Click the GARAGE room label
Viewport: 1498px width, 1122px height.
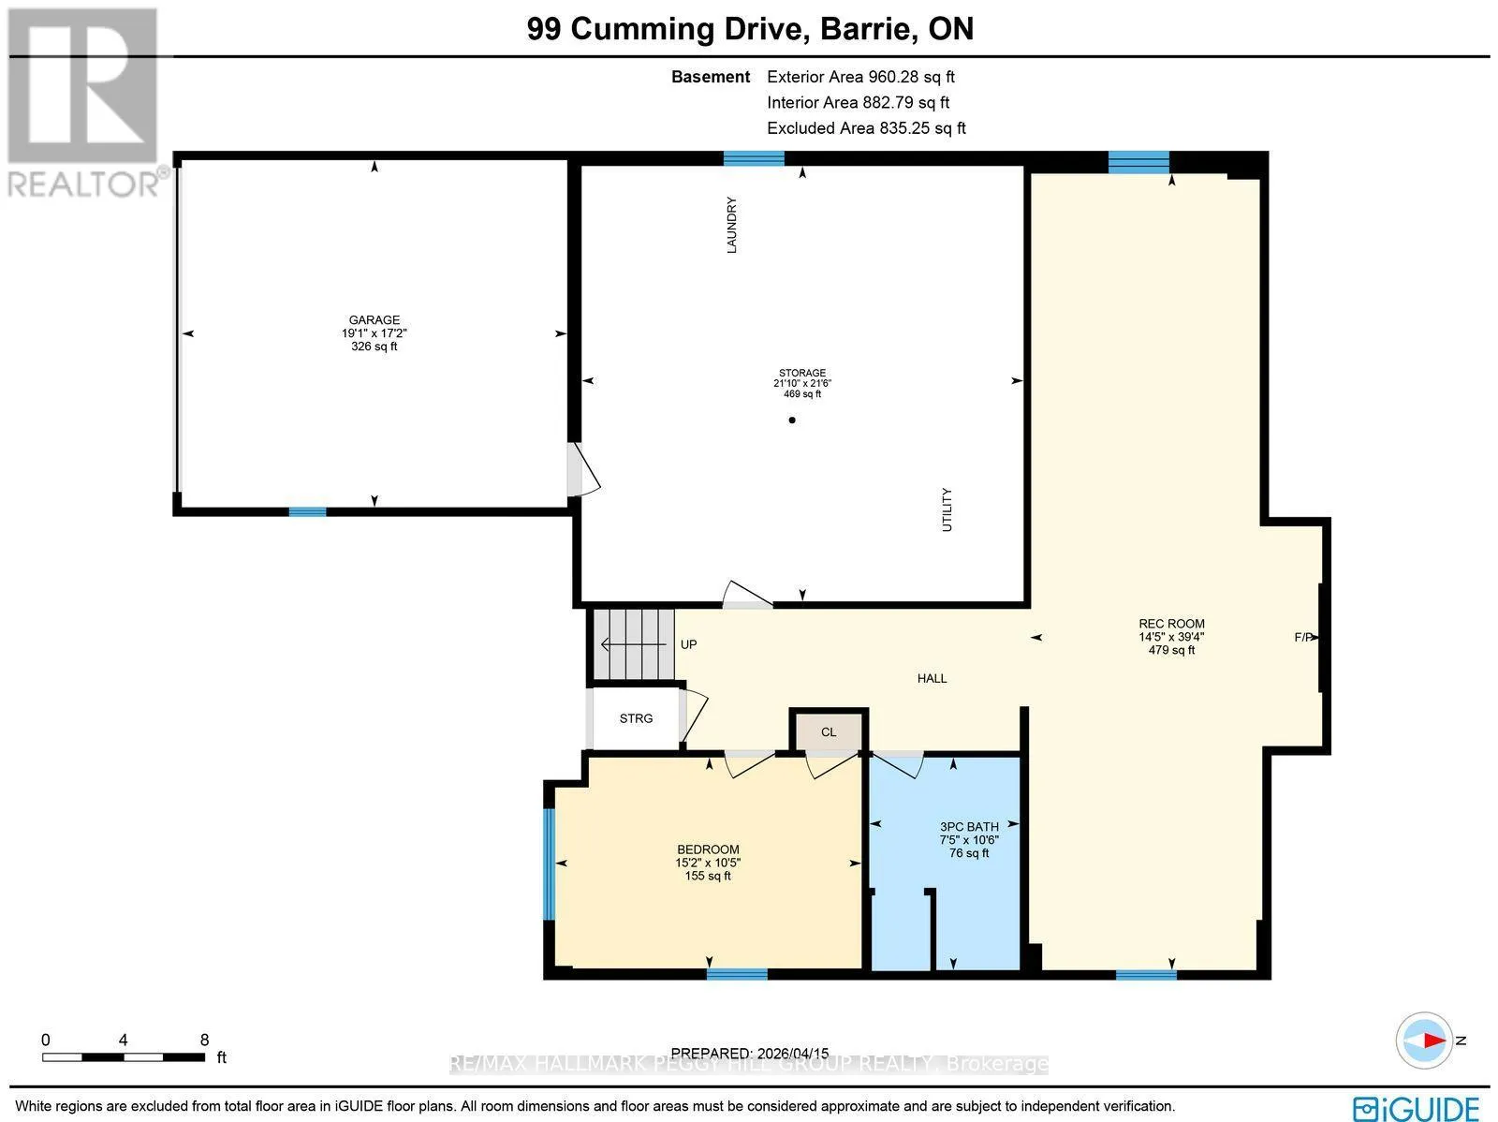pos(374,320)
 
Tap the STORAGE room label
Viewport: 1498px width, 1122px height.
pos(801,373)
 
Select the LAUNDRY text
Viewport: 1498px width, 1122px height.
pos(731,225)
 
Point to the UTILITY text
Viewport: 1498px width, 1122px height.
pos(947,509)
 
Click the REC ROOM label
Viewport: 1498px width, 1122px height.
pos(1171,624)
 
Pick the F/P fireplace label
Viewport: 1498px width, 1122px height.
pos(1303,638)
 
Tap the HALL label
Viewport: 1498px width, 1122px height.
pos(932,678)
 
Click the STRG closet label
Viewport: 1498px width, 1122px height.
pos(636,718)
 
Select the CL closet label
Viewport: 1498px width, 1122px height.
pos(829,732)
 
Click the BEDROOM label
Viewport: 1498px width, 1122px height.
pos(708,849)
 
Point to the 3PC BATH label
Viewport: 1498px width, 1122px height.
pos(969,827)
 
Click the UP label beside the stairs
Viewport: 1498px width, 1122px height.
pos(688,645)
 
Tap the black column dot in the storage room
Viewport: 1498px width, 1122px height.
pos(792,421)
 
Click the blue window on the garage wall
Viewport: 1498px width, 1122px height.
pos(307,512)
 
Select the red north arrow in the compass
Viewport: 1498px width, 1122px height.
pos(1432,1041)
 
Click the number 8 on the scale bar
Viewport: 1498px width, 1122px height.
pos(204,1041)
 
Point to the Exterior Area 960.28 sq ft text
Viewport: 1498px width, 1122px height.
pos(860,77)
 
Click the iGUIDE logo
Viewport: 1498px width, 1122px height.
pos(1417,1108)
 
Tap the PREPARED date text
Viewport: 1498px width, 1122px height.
pos(749,1054)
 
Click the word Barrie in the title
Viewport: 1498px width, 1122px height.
pos(865,29)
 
